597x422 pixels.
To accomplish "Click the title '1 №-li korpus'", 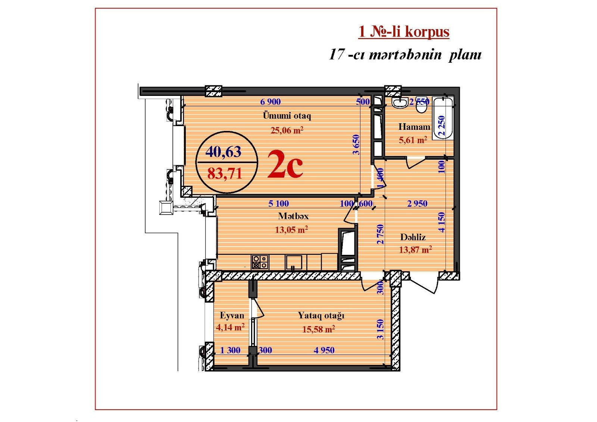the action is [404, 32].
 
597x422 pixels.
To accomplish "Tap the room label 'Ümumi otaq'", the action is [287, 116].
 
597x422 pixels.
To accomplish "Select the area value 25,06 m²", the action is [287, 130].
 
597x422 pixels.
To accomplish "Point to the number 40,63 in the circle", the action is [224, 151].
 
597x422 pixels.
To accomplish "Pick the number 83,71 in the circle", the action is [225, 174].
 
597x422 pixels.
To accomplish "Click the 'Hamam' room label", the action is [414, 126].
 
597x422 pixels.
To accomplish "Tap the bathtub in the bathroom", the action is [443, 119].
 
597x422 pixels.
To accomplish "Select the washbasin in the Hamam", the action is [400, 103].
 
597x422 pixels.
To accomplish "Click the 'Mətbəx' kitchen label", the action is [293, 216].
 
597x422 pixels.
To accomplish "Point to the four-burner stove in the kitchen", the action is [260, 262].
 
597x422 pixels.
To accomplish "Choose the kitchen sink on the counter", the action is [293, 263].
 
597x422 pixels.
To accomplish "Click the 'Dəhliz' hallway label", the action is [413, 237].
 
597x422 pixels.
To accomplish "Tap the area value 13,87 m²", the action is [415, 250].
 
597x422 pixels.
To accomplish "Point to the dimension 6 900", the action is [271, 101].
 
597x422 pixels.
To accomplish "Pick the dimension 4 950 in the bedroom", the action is [324, 350].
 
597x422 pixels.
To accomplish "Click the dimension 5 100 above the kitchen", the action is [278, 203].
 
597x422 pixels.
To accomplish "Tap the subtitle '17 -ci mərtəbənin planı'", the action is [405, 56].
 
